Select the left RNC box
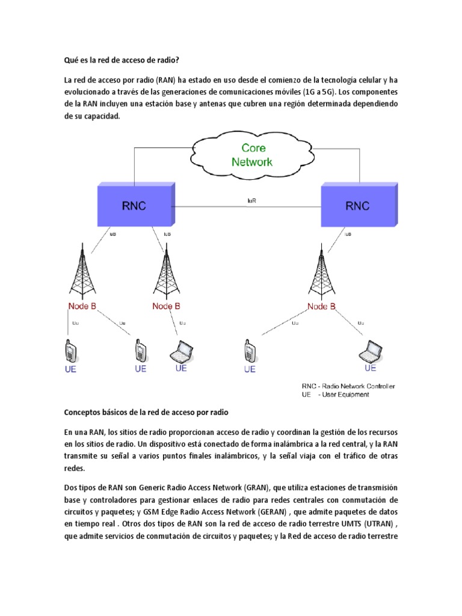click(135, 204)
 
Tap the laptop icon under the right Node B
click(370, 350)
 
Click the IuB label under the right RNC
click(348, 234)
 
